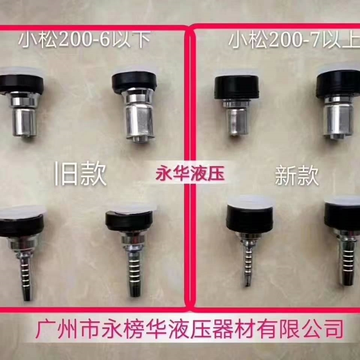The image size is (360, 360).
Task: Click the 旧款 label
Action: [x=81, y=173]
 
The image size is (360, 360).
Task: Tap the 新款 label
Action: [x=297, y=175]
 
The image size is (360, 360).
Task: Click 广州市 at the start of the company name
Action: [x=68, y=329]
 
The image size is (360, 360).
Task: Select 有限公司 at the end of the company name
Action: [x=300, y=329]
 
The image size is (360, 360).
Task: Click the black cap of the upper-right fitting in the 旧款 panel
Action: [x=134, y=82]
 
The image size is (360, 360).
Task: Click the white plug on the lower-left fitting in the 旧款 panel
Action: [x=21, y=211]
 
